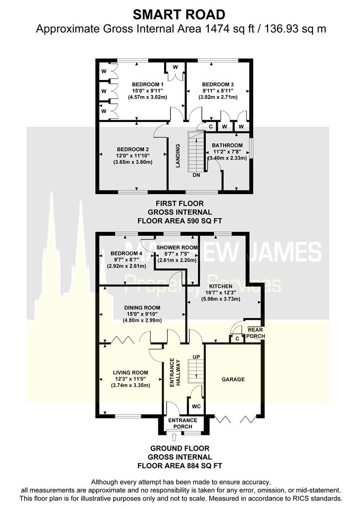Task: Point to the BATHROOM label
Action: point(227,145)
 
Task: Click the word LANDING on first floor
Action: point(179,156)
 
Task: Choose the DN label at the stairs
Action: point(196,175)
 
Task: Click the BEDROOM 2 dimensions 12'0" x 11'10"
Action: point(133,156)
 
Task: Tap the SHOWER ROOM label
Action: point(176,247)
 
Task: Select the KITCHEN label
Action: point(221,286)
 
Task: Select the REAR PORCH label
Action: point(256,333)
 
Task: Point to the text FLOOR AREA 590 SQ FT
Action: point(180,220)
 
